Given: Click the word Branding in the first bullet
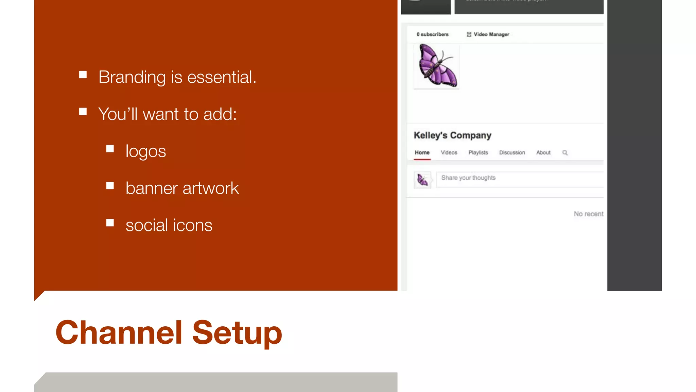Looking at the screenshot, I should tap(132, 77).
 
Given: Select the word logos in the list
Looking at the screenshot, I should tap(145, 151).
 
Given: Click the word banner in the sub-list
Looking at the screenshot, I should tap(152, 188).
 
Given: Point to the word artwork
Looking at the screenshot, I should tap(211, 188).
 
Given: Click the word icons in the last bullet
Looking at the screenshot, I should tap(193, 225).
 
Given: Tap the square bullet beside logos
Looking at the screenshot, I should tap(110, 149).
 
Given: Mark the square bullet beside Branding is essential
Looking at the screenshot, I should tap(83, 75).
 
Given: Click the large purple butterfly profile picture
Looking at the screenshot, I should tap(437, 66).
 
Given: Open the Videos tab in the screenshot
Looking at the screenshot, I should tap(449, 152).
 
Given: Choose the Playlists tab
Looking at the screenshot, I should tap(478, 152).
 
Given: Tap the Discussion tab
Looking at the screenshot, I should tap(512, 152).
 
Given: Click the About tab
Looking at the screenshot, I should tap(543, 152).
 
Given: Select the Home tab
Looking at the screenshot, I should tap(422, 152).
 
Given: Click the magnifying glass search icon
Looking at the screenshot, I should tap(565, 152).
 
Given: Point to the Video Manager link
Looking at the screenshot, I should tap(488, 34).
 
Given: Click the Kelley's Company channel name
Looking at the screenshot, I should tap(452, 135).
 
